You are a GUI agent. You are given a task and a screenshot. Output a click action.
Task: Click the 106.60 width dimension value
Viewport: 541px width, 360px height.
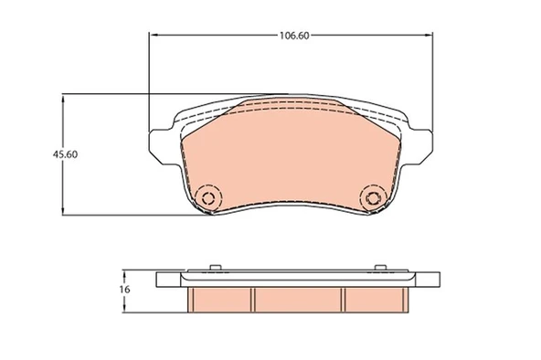pos(294,36)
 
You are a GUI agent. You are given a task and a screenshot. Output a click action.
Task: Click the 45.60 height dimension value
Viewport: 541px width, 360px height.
pos(65,154)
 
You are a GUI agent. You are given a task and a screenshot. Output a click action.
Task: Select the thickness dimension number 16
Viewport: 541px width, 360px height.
pos(124,290)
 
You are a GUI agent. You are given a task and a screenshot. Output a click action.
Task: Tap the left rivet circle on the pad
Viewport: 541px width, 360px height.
pos(207,198)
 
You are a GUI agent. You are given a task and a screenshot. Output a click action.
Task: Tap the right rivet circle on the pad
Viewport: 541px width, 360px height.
pos(373,198)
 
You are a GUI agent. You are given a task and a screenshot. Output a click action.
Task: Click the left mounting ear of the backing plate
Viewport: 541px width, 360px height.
pos(161,146)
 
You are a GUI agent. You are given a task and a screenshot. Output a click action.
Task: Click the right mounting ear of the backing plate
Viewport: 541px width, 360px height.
pos(420,146)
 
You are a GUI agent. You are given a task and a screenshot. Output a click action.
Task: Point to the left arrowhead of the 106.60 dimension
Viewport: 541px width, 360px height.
pos(153,35)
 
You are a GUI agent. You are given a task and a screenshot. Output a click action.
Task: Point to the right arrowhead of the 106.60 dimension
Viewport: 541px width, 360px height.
pos(429,35)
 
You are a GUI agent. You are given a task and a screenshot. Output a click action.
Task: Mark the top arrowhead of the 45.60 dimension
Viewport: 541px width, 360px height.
pos(62,100)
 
